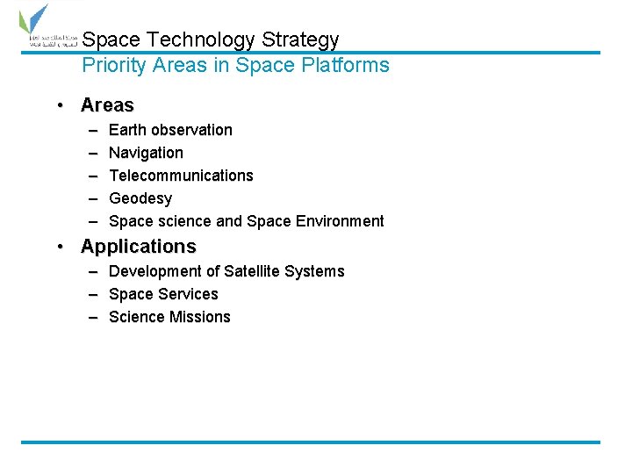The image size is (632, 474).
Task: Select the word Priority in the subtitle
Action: click(x=112, y=65)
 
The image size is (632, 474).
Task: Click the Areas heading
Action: click(x=107, y=105)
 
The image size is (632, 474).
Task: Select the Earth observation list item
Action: click(x=170, y=130)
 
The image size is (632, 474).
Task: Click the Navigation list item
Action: click(x=146, y=153)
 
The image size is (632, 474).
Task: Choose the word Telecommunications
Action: click(x=181, y=176)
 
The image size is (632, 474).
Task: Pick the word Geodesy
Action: click(x=140, y=198)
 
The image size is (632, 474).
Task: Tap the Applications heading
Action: click(x=139, y=246)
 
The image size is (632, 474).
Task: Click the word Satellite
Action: click(x=250, y=271)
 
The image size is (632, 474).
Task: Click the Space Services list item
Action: click(x=163, y=294)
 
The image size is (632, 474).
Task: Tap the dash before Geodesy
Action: click(x=93, y=198)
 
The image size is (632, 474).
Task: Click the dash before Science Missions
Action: click(x=93, y=317)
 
